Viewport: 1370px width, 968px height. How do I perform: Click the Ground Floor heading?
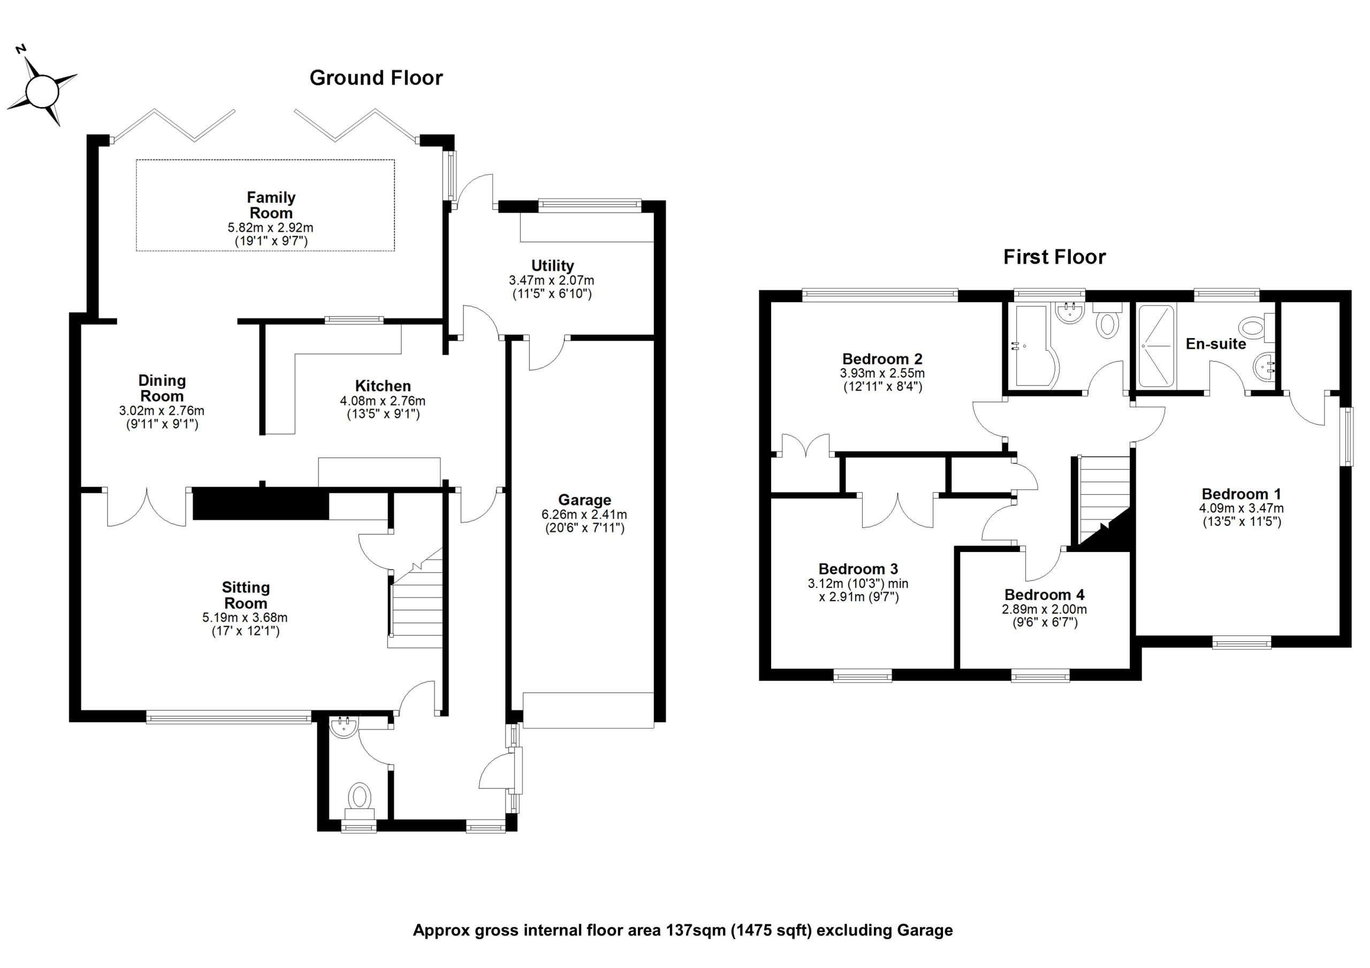click(376, 78)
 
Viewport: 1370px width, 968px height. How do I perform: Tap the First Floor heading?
click(1054, 257)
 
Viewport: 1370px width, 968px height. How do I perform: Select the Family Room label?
click(271, 205)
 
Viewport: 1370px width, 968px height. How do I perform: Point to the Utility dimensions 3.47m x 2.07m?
click(551, 280)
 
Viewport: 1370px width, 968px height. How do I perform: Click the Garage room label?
click(584, 500)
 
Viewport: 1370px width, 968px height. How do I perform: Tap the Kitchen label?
click(383, 386)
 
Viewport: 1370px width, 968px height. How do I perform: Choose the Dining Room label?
click(162, 388)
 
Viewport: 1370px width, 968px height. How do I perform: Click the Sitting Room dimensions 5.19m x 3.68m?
click(245, 618)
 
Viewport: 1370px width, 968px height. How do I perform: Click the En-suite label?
click(1215, 344)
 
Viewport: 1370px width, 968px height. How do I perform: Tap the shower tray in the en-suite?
click(1156, 345)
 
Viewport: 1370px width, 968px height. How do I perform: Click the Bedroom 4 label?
click(1044, 595)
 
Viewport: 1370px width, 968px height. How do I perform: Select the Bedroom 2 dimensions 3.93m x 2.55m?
click(882, 373)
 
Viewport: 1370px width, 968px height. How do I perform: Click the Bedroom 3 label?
click(858, 569)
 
